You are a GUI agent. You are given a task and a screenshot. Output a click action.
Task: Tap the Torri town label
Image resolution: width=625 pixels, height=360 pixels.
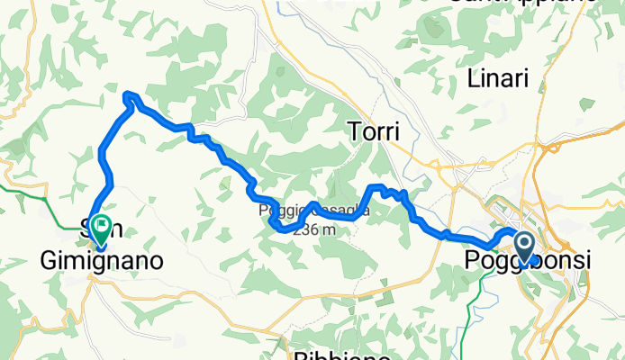372,133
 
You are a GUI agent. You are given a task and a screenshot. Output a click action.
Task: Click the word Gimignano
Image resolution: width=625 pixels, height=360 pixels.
102,261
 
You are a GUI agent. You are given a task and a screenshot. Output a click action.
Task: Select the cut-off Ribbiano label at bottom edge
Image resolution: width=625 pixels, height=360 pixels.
341,355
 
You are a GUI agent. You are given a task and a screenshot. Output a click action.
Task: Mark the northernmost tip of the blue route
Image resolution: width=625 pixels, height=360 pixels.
129,94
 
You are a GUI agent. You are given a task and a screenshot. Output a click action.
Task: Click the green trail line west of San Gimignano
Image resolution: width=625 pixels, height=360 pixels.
27,189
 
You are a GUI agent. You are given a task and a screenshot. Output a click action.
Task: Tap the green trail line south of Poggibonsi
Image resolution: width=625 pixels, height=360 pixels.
470,297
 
